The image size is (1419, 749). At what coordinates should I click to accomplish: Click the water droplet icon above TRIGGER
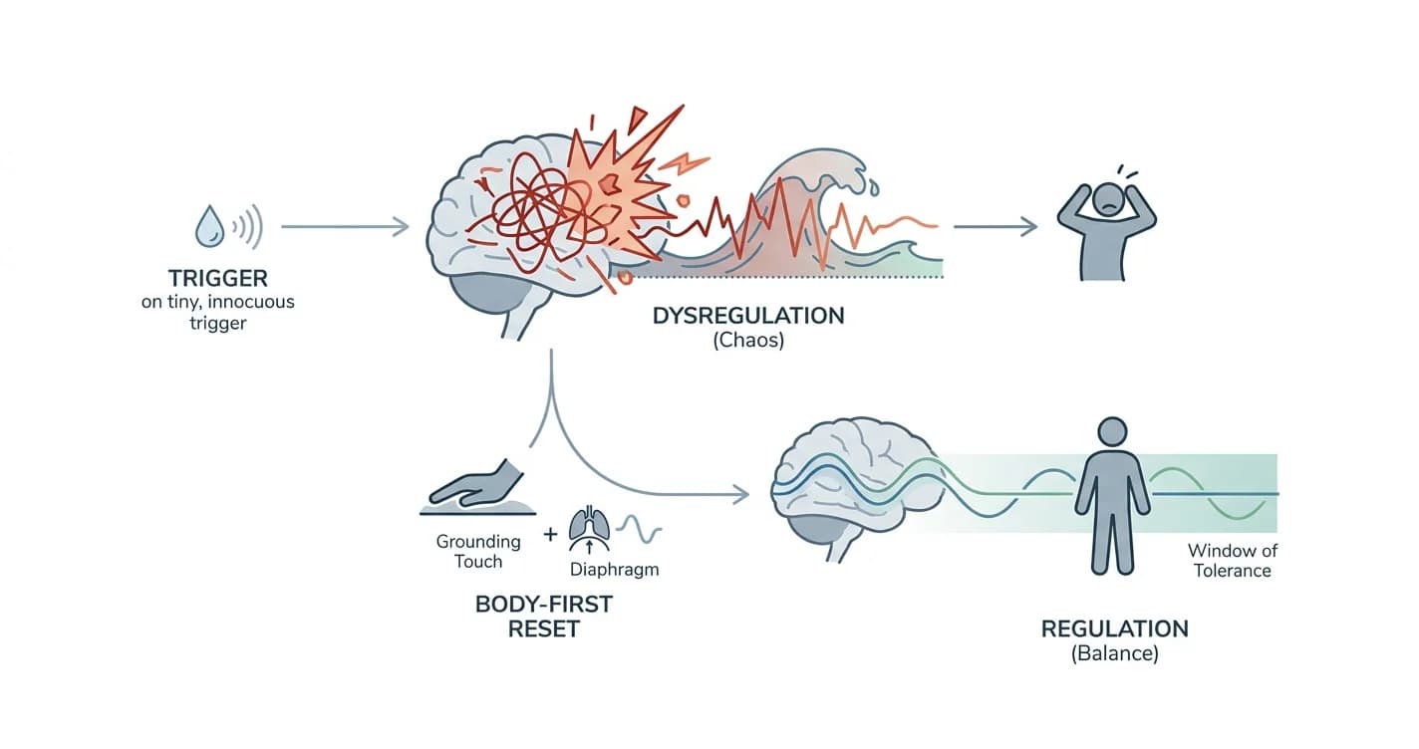point(209,226)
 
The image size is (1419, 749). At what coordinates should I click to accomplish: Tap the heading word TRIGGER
point(218,279)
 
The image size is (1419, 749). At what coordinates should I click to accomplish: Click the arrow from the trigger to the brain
point(345,226)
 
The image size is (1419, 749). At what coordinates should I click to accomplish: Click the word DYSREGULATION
point(748,316)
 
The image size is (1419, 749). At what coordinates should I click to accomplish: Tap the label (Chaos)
point(748,340)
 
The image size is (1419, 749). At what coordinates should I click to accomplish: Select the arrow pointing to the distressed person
point(995,226)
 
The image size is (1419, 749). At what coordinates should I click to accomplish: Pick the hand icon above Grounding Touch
point(476,487)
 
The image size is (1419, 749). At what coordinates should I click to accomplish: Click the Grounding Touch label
point(478,552)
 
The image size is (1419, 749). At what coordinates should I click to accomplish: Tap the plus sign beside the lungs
point(550,535)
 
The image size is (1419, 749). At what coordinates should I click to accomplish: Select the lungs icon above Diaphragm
point(589,529)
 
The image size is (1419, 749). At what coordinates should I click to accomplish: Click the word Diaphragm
point(615,570)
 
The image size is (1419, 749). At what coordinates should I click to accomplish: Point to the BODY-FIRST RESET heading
point(543,617)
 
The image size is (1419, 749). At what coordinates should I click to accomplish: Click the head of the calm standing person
point(1112,432)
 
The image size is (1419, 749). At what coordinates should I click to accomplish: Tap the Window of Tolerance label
point(1232,561)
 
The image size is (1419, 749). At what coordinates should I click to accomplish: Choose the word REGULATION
point(1115,628)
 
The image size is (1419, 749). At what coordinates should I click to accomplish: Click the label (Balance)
point(1115,653)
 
